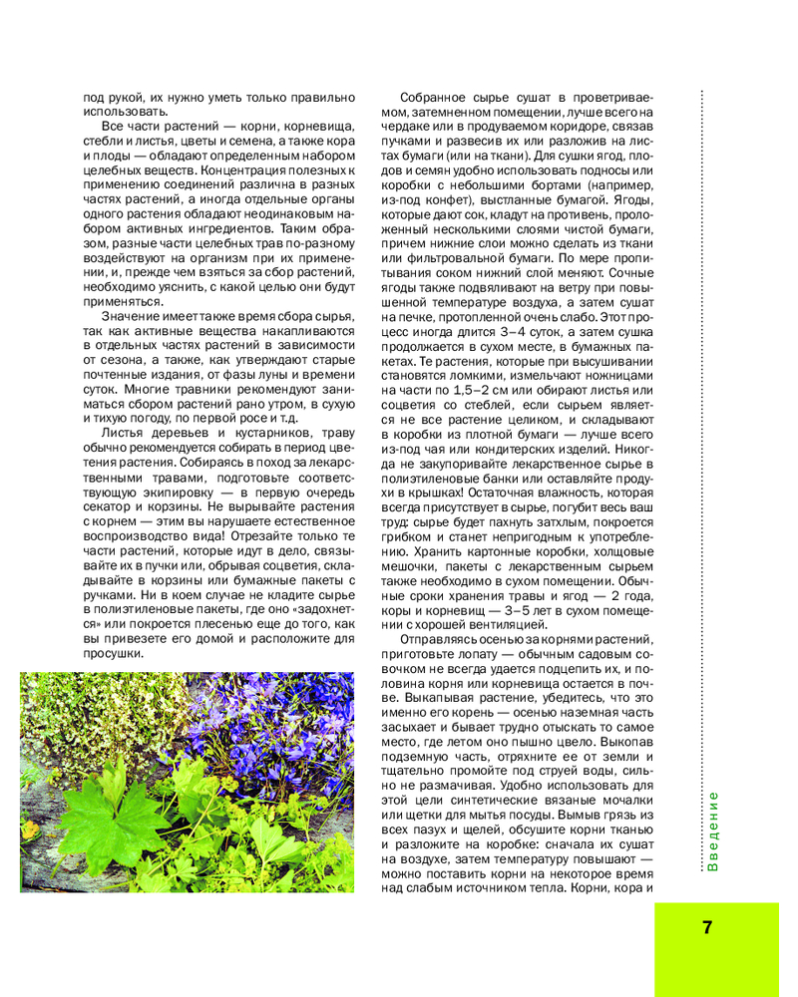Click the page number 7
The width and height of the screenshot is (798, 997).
707,927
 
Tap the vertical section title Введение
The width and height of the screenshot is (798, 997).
712,831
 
